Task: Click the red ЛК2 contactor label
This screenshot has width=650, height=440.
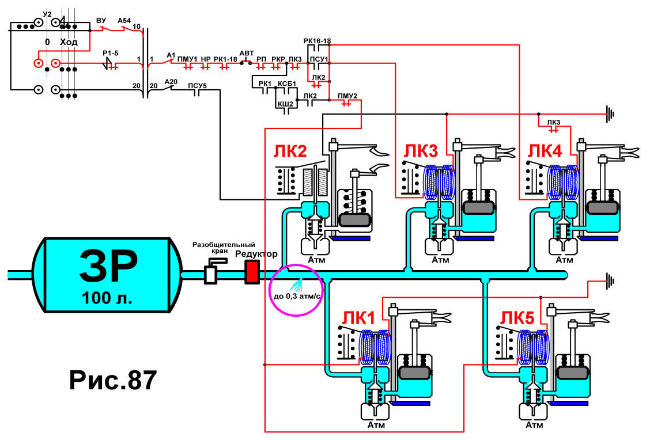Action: [290, 151]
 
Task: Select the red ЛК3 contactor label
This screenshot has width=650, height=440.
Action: [421, 151]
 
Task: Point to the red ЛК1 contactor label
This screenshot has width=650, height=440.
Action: [358, 318]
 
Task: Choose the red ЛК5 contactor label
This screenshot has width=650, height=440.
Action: [517, 318]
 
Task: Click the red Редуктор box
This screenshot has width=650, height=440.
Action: [252, 272]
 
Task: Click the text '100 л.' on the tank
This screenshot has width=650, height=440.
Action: [107, 298]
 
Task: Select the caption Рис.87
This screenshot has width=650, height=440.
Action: [113, 380]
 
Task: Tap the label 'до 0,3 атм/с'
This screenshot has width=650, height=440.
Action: [297, 297]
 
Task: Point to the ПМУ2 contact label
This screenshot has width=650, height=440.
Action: [347, 96]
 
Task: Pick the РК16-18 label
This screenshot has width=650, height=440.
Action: [317, 41]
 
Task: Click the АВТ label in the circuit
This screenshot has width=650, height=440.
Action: [247, 54]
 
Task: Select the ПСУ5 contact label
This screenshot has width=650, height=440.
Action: [197, 86]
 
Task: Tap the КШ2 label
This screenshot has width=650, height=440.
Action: [285, 104]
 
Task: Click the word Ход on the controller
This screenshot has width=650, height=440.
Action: [69, 42]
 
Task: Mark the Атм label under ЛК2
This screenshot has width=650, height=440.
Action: [316, 260]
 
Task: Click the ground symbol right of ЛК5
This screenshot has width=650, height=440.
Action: [610, 280]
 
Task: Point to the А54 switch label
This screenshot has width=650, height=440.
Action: [124, 20]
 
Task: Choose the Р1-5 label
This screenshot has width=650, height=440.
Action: [110, 54]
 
